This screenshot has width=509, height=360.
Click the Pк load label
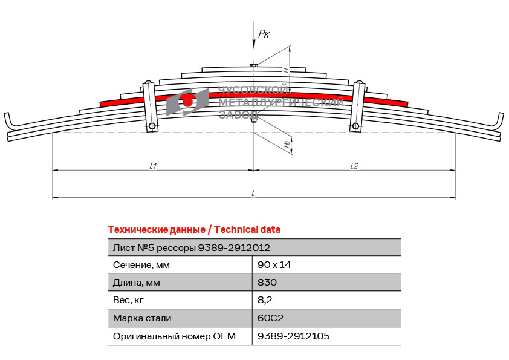264,34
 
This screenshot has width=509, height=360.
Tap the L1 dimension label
153,166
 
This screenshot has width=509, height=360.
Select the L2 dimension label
354,166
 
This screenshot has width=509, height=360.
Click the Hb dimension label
287,144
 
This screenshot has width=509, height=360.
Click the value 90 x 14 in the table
274,265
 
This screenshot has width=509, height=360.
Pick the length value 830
267,282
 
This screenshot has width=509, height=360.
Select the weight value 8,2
265,300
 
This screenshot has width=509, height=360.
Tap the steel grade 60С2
270,318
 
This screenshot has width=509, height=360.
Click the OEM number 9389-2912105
293,336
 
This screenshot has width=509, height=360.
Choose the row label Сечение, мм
141,265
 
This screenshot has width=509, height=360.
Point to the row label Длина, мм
137,283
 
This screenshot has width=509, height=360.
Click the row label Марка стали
142,318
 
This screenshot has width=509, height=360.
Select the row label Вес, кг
128,300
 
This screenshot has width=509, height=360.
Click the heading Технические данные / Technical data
194,230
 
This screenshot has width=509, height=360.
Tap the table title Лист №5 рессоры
155,248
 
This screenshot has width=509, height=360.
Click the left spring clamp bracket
150,106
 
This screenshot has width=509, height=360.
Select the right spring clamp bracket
357,106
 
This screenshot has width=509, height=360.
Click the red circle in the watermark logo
187,102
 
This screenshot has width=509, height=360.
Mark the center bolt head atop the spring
254,65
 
